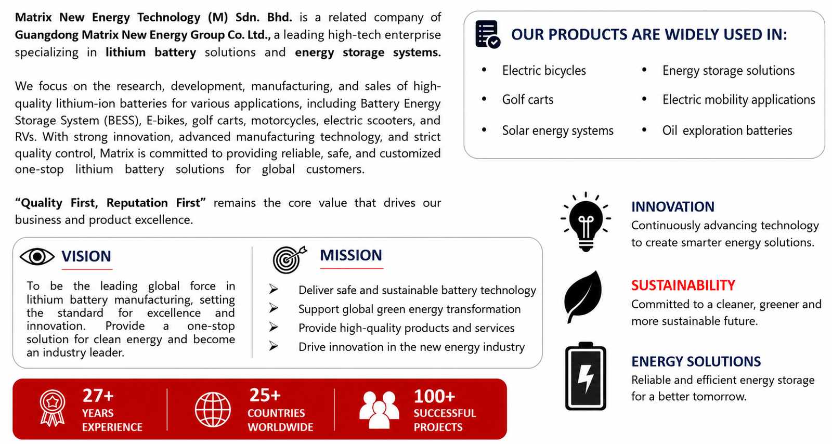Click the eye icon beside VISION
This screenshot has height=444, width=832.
[x=37, y=256]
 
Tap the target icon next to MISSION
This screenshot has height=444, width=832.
[x=290, y=259]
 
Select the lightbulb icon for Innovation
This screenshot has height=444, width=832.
[x=586, y=221]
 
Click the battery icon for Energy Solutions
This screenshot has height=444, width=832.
[x=586, y=376]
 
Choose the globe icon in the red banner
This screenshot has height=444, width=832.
[x=213, y=410]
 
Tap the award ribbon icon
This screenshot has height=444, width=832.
[x=53, y=408]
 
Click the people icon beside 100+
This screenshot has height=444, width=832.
[x=379, y=410]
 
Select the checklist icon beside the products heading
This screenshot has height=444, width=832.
[x=488, y=34]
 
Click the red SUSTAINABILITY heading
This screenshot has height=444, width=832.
[x=683, y=285]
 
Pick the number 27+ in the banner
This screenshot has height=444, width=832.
[x=98, y=396]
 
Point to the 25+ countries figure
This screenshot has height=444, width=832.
[x=265, y=395]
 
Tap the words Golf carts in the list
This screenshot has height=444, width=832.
[x=527, y=99]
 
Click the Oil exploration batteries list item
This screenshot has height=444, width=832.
[x=727, y=130]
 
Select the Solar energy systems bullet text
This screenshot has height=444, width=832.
[x=557, y=130]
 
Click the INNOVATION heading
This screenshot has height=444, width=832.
[x=673, y=207]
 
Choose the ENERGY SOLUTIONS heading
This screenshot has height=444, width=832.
[x=696, y=361]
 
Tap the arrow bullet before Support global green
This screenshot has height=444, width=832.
[x=274, y=308]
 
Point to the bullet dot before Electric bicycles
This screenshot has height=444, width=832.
[x=484, y=70]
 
